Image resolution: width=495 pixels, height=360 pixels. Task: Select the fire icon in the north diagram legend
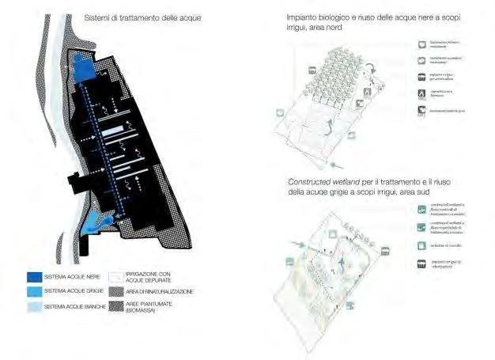pos(421,93)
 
